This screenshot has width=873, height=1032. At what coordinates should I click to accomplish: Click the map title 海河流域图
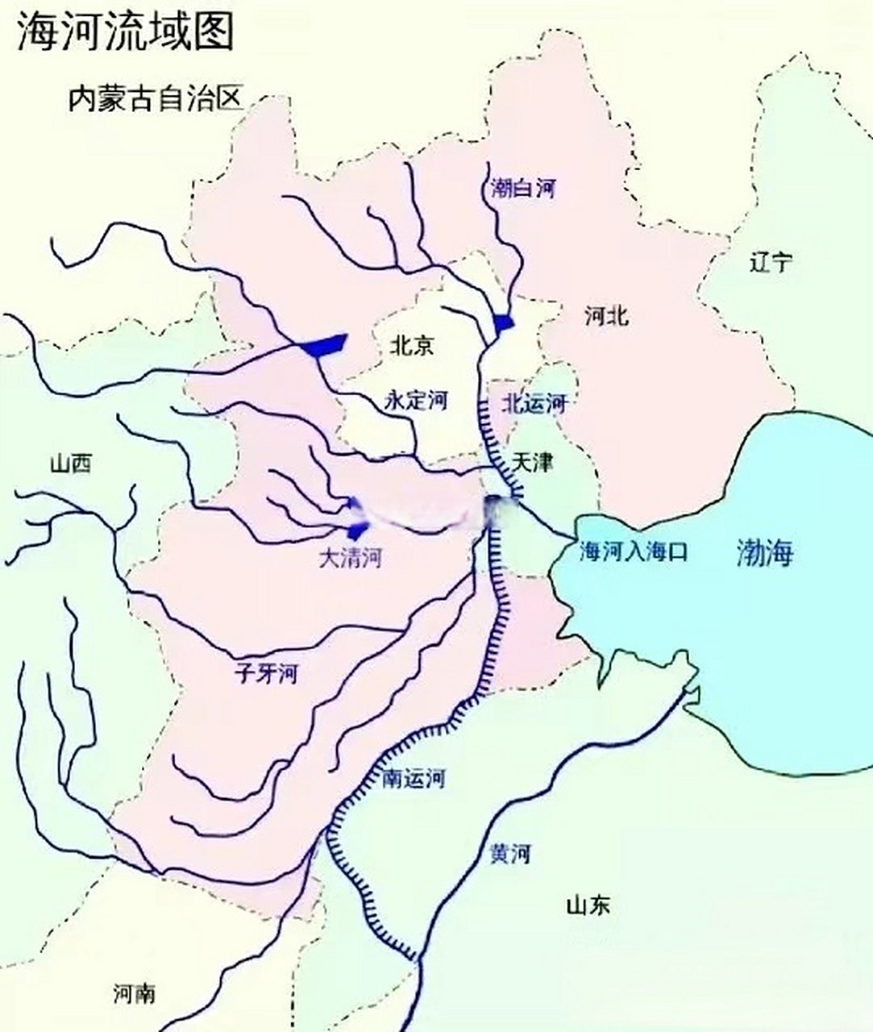125,32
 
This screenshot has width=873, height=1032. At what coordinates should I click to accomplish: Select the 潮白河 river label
523,189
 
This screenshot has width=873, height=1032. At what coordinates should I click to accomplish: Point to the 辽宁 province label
770,262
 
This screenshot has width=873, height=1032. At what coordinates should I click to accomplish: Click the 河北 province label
606,316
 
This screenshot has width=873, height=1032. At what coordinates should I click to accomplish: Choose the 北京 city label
412,346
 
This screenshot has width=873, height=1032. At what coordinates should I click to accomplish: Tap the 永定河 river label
415,401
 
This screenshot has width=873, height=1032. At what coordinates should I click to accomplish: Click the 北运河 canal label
534,402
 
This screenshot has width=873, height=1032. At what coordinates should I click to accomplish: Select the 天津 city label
533,463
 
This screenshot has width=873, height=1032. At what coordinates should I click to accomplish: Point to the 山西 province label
70,464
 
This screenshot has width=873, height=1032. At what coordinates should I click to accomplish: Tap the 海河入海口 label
634,551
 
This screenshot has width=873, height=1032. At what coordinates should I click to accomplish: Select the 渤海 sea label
765,552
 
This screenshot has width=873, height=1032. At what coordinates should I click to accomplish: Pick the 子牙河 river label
265,672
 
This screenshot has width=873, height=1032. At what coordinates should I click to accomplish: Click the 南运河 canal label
413,778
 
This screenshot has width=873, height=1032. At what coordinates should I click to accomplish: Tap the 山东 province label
588,905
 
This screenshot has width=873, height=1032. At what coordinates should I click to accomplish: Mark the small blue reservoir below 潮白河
503,323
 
